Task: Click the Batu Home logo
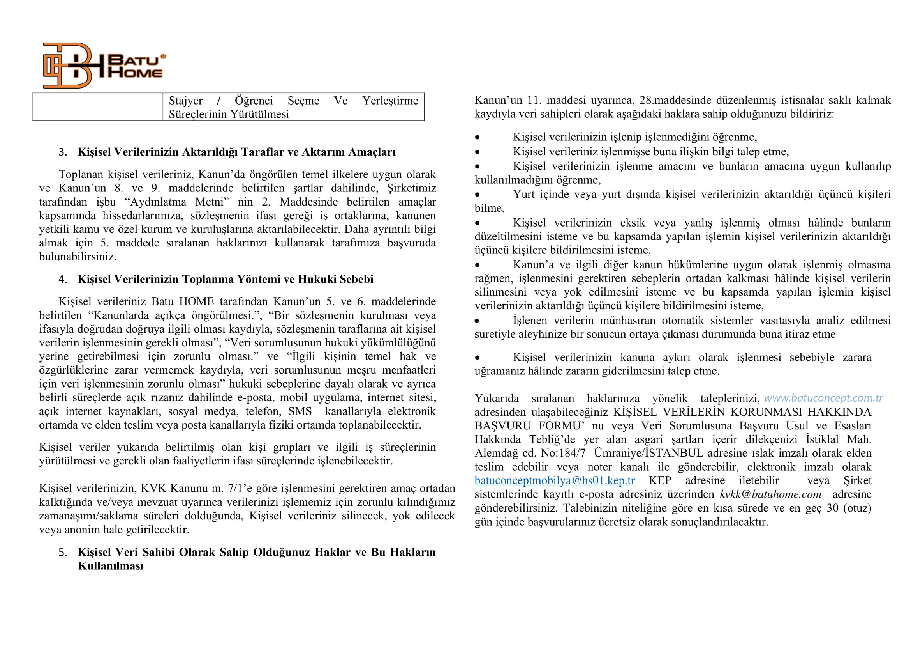[x=104, y=66]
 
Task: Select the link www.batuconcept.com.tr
[x=823, y=398]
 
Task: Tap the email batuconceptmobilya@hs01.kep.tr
[x=554, y=480]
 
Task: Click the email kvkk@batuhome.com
[x=770, y=494]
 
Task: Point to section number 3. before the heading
[x=63, y=152]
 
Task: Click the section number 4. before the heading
[x=63, y=280]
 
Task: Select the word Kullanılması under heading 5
[x=110, y=566]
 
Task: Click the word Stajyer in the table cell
[x=186, y=101]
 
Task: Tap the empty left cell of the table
[x=98, y=107]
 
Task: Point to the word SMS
[x=300, y=411]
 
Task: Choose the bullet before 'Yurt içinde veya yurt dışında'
[x=478, y=195]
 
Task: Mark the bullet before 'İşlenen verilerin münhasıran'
[x=478, y=321]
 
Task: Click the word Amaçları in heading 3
[x=372, y=152]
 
